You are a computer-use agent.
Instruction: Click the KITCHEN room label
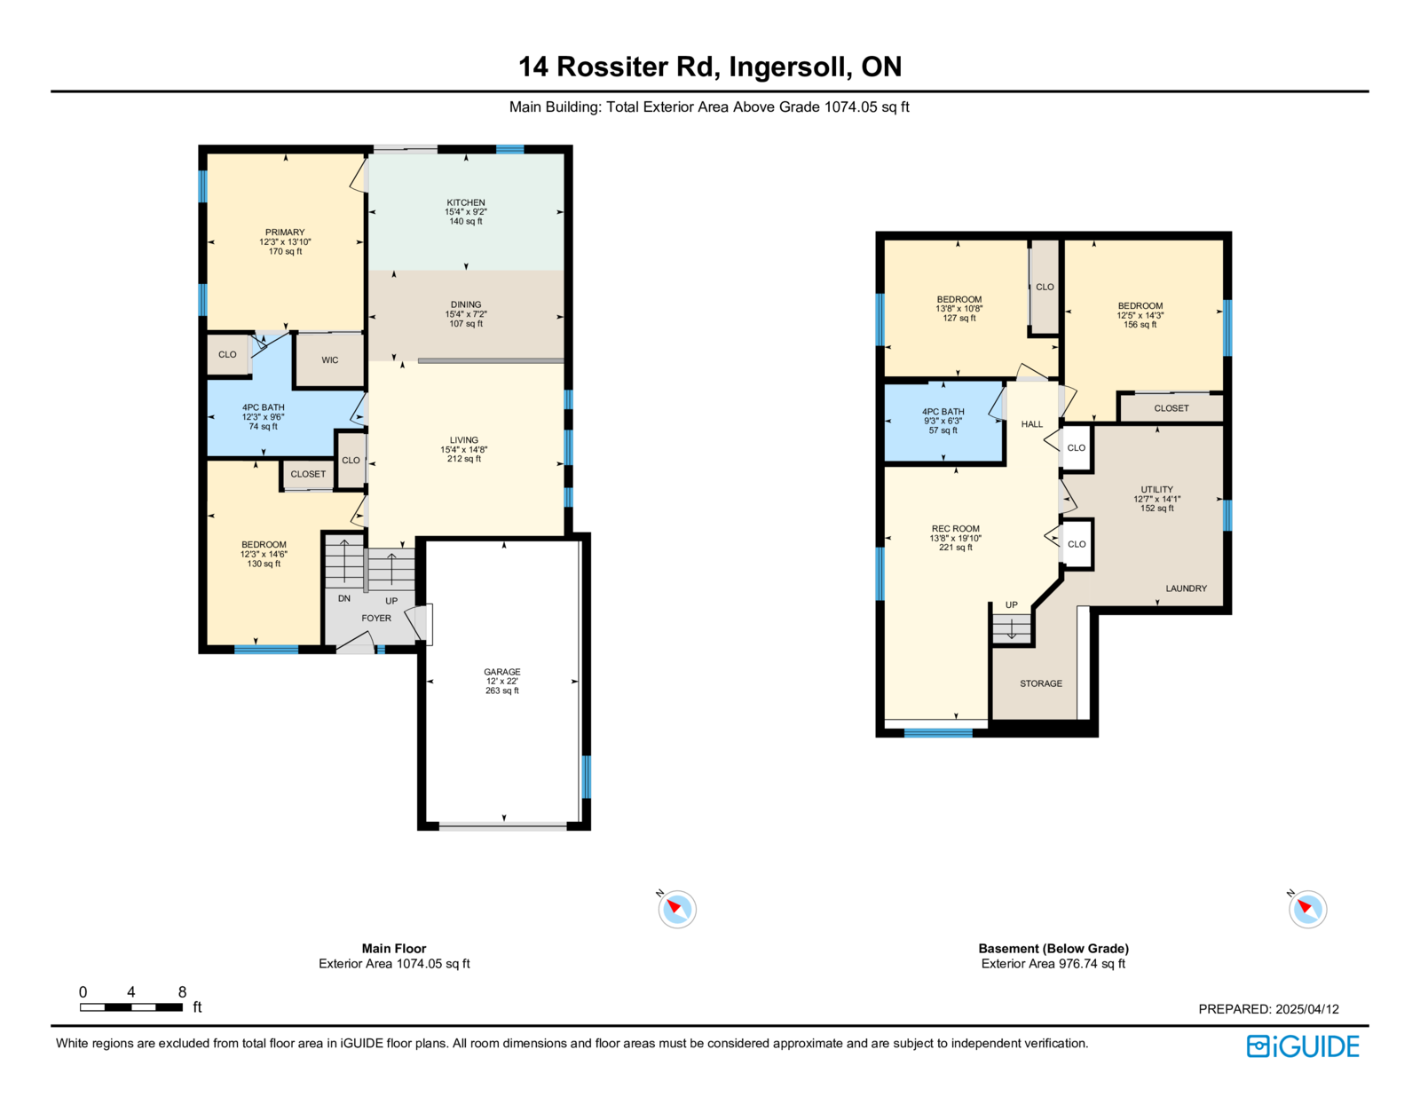click(x=465, y=202)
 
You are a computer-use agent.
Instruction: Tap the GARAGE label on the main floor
click(x=501, y=672)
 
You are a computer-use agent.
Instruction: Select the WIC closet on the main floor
click(x=330, y=360)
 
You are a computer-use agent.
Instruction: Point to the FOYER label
click(x=376, y=618)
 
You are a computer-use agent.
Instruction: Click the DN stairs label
click(x=344, y=598)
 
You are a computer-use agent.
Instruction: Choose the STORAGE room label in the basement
click(x=1041, y=683)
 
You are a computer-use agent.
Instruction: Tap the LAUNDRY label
click(x=1186, y=588)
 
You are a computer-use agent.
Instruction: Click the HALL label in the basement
click(x=1032, y=424)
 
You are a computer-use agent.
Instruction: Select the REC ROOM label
click(x=955, y=529)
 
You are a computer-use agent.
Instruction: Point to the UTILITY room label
click(x=1156, y=489)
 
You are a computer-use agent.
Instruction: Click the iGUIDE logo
click(x=1302, y=1046)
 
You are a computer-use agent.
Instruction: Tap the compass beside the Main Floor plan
click(x=677, y=909)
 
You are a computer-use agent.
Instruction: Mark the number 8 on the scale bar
click(x=182, y=991)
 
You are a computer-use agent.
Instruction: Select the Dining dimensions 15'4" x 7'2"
click(x=465, y=314)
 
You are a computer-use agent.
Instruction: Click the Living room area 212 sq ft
click(x=463, y=459)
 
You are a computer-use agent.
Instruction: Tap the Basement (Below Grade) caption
click(x=1053, y=949)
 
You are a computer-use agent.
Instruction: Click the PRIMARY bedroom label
click(x=285, y=232)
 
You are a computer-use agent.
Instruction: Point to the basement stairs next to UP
click(x=1012, y=628)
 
